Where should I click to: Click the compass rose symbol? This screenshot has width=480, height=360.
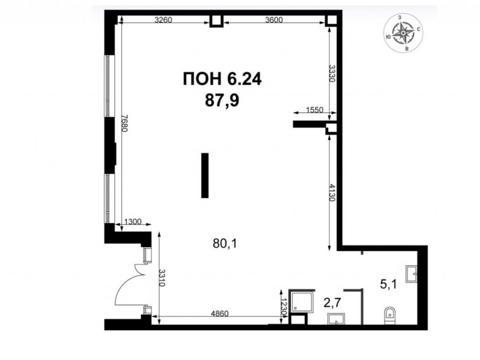404,33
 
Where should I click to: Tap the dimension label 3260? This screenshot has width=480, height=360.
164,20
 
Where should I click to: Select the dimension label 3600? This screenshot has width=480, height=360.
274,20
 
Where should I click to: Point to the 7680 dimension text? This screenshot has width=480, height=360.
124,123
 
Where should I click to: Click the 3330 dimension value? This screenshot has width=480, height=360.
332,73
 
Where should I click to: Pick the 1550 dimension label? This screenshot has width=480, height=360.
315,109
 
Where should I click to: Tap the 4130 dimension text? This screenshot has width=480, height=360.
332,192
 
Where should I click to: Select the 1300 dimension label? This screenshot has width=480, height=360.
133,221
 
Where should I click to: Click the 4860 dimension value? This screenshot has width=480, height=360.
220,314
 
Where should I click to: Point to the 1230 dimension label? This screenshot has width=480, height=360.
284,307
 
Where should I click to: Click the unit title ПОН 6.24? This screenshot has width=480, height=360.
222,80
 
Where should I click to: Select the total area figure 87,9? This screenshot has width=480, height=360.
222,100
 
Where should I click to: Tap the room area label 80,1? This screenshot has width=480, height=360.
225,244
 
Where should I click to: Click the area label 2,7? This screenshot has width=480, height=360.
333,303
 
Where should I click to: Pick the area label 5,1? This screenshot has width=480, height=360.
388,285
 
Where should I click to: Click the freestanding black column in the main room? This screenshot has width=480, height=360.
205,175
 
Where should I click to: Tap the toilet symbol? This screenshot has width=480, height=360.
389,315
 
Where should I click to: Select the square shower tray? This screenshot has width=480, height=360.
301,301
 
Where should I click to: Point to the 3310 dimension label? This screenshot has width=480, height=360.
162,277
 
